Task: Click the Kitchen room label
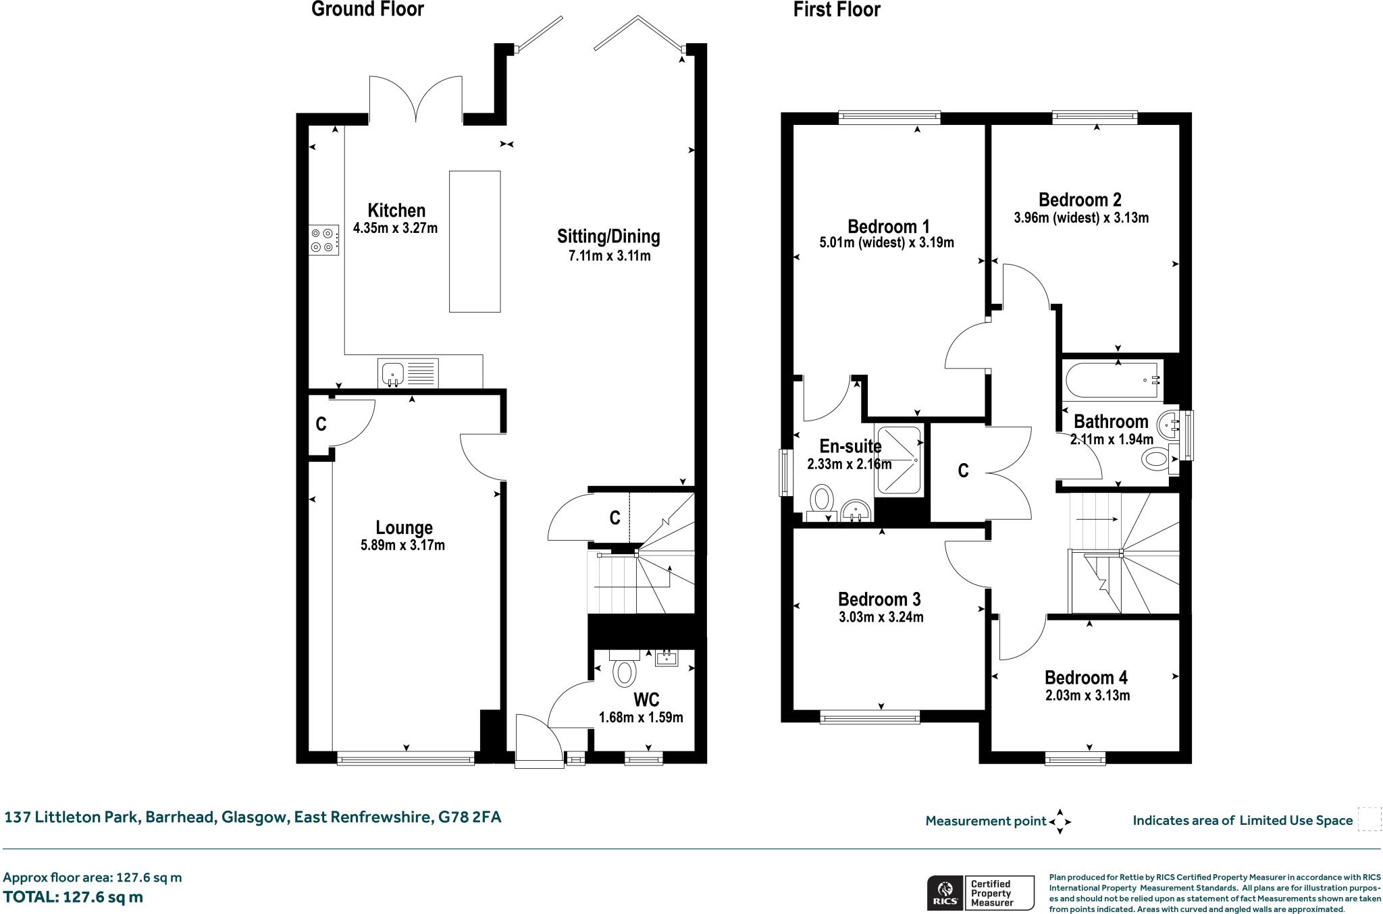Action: [396, 210]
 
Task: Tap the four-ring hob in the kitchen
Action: [323, 240]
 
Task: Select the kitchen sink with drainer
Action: [408, 373]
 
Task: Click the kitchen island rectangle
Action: [475, 241]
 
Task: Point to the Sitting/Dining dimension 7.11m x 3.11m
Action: [608, 256]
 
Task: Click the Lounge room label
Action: [404, 528]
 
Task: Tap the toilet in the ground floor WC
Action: [624, 672]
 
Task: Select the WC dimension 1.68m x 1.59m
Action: [641, 717]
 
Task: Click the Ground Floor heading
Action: [367, 9]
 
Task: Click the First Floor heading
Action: [836, 9]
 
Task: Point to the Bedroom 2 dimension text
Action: [1080, 218]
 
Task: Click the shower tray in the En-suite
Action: [898, 460]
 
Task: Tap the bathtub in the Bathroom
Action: [1111, 379]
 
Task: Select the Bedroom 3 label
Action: [879, 599]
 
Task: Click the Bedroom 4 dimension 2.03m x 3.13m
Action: [1087, 695]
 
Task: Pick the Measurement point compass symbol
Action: [1059, 821]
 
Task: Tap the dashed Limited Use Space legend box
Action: [1369, 819]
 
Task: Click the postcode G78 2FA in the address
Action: [470, 817]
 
